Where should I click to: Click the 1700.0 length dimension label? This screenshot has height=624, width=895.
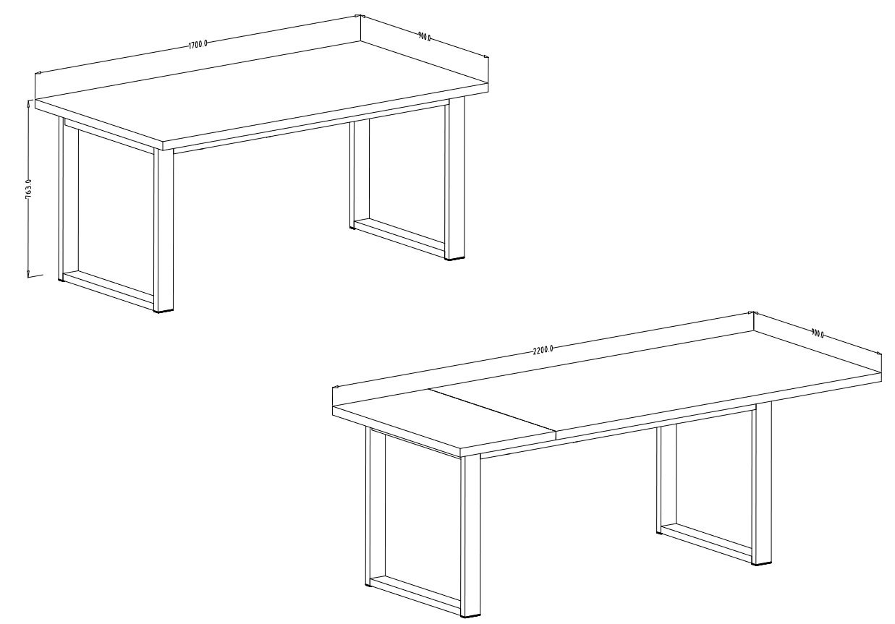pos(198,44)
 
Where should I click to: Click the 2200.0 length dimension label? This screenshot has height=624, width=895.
pos(543,350)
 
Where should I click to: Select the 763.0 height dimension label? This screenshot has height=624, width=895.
pos(28,189)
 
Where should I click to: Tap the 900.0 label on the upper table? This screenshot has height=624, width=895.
pos(425,37)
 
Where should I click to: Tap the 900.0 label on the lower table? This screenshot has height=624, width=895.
pos(818,333)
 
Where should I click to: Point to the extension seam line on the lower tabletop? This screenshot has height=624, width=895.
pos(493,409)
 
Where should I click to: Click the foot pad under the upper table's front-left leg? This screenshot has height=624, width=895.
pos(164,311)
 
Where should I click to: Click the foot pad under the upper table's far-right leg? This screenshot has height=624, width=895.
pos(457,260)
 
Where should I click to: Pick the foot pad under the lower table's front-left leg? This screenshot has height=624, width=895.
pos(471,617)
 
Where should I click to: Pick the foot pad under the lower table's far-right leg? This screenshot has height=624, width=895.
pos(762,565)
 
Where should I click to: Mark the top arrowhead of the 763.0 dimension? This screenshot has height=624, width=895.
pos(28,105)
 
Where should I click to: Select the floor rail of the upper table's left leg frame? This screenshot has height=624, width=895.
pos(109,289)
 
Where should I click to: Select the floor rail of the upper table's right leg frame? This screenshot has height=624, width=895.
pos(399,238)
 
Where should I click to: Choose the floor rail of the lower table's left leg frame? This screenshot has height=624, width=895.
pos(415,596)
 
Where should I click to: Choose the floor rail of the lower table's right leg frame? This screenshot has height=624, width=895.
pos(706,542)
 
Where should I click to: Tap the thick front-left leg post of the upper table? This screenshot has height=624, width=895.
pos(164,230)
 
